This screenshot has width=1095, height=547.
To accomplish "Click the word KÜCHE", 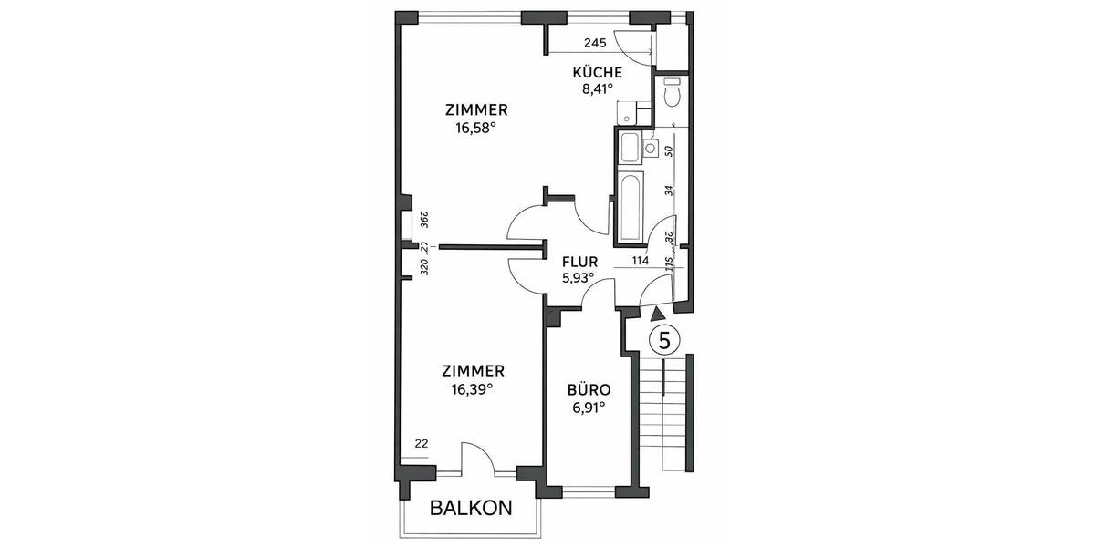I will [597, 73].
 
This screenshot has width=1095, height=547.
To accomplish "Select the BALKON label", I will [471, 509].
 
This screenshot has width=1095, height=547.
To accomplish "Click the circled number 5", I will [664, 340].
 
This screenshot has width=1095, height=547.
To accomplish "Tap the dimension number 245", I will [595, 43].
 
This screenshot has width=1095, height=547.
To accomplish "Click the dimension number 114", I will [640, 261].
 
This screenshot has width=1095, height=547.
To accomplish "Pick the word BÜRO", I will [589, 390].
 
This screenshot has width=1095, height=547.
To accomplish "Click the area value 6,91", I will [589, 408].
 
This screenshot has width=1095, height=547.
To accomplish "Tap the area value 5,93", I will [577, 277].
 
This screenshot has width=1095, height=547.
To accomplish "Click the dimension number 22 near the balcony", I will [421, 444].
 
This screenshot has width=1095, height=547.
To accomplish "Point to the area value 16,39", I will [472, 388].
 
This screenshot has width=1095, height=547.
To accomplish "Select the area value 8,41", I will [597, 89].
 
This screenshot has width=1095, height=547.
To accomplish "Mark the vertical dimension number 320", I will [424, 267].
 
